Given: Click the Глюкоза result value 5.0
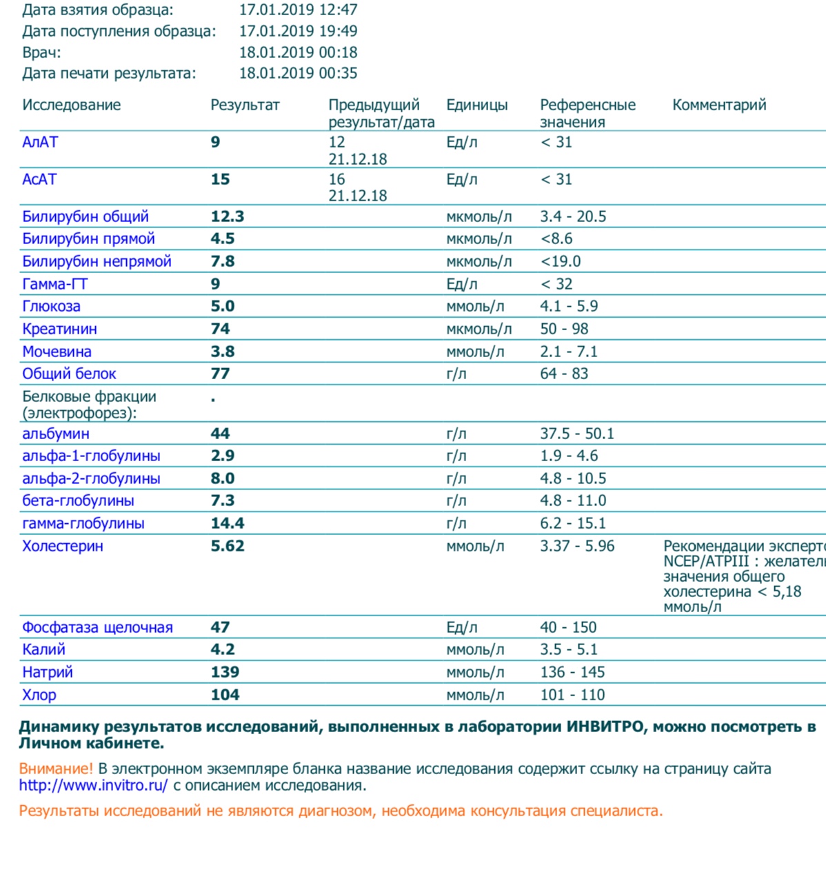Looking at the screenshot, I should coord(223,306).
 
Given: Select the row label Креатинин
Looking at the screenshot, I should coord(59,329).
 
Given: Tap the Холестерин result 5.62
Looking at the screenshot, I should coord(228,546).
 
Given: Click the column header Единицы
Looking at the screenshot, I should coord(476,105).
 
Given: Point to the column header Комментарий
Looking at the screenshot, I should coord(719,105).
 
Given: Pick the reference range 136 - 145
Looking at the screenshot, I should coord(572,672).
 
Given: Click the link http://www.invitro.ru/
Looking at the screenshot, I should coord(93,785).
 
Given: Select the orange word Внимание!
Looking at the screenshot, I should coord(56,769).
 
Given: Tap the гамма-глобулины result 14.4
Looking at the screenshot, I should coord(228,523).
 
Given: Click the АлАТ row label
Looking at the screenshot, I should coord(40,142).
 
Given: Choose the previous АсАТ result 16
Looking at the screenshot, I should coord(336,179).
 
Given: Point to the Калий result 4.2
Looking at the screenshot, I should coord(223,649).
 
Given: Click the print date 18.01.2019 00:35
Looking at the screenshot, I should coord(298,73).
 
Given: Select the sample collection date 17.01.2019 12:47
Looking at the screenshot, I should coord(298,10).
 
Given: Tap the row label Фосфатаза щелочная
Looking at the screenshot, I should coord(97,627).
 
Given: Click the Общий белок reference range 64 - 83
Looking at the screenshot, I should coord(564,374).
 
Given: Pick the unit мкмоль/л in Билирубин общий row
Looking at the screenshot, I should coord(479,216).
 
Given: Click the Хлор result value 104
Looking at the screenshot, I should coord(225,695).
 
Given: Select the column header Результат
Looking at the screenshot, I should coord(245,105).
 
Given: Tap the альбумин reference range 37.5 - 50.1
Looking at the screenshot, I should coord(576,434).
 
